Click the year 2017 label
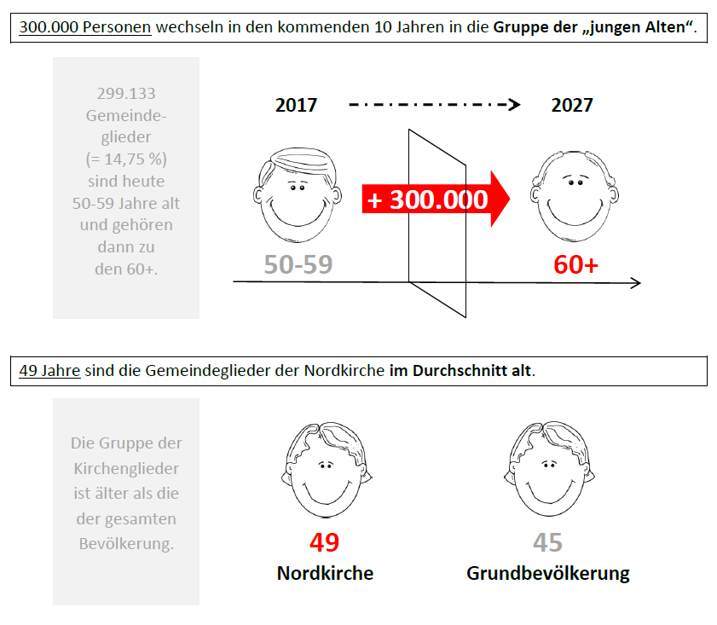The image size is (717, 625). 296,105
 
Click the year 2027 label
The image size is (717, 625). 571,105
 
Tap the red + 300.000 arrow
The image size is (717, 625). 436,200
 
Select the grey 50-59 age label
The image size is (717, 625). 298,264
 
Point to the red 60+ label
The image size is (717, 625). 575,264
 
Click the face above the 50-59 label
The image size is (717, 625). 298,194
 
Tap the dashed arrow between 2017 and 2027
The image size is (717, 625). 435,105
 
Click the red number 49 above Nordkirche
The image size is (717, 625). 324,542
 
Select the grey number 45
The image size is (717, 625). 547,542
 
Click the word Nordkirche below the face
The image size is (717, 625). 325,573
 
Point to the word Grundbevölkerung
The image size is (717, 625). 548,574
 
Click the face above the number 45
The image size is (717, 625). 549,469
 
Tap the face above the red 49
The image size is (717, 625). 327,470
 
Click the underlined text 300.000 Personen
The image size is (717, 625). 85,27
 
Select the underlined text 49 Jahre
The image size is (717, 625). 49,371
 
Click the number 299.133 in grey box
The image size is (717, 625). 126,93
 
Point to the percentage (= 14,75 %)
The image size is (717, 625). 126,159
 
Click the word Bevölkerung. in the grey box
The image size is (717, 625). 126,544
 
